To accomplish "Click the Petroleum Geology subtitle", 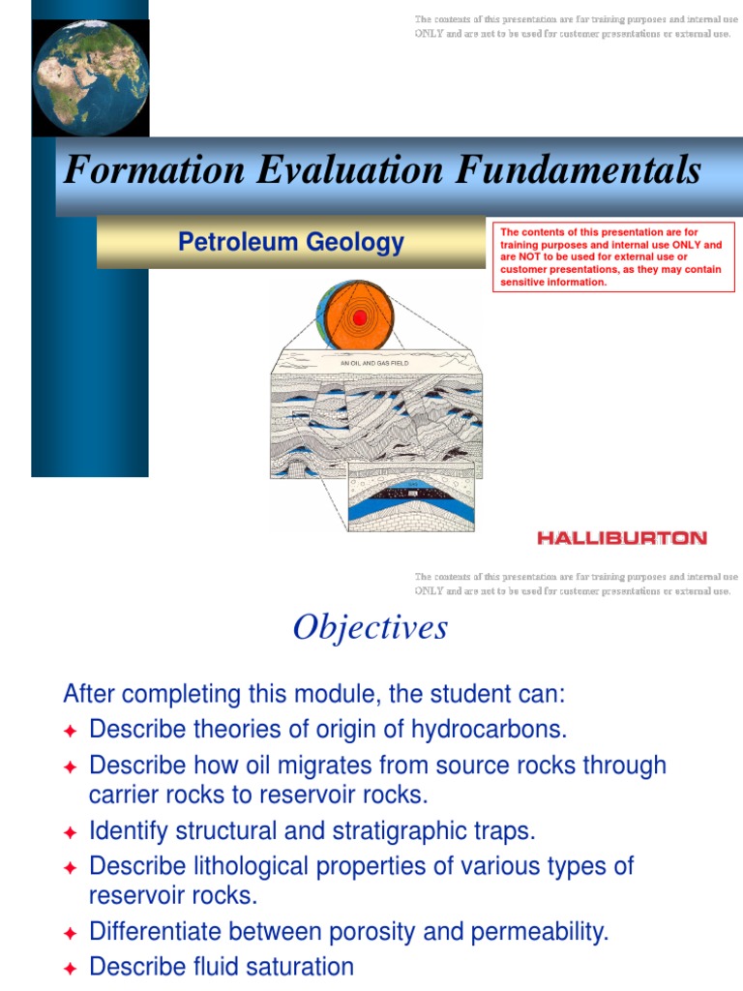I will click(290, 242).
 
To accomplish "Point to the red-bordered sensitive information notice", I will click(614, 257).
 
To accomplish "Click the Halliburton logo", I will click(622, 538).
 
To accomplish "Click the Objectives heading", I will click(371, 628).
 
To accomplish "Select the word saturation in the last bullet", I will click(304, 967).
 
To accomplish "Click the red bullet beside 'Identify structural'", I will click(70, 832).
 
